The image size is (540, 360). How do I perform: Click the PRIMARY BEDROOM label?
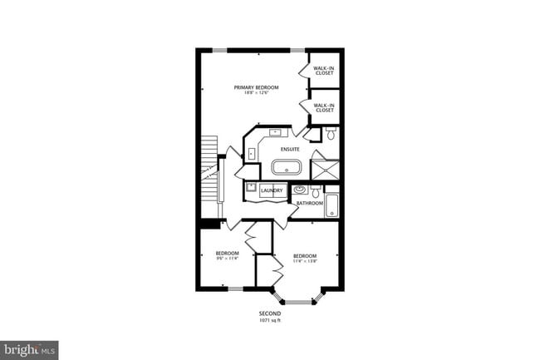tap(255, 87)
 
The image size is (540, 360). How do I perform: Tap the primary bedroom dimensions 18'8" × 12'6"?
tap(255, 93)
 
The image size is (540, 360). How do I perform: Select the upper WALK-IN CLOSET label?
tap(324, 71)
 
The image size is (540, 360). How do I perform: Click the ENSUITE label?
tap(290, 149)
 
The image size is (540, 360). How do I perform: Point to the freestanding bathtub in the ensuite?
tap(287, 167)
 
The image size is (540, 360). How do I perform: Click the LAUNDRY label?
tap(271, 191)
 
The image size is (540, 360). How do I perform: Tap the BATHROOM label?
tap(310, 203)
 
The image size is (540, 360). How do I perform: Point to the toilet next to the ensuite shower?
tap(330, 134)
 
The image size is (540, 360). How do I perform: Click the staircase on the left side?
tap(209, 166)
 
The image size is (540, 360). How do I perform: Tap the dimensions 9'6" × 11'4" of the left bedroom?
tap(227, 259)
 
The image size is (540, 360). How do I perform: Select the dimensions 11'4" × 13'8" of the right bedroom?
tap(303, 261)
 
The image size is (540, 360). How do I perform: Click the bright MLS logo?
tap(29, 350)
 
